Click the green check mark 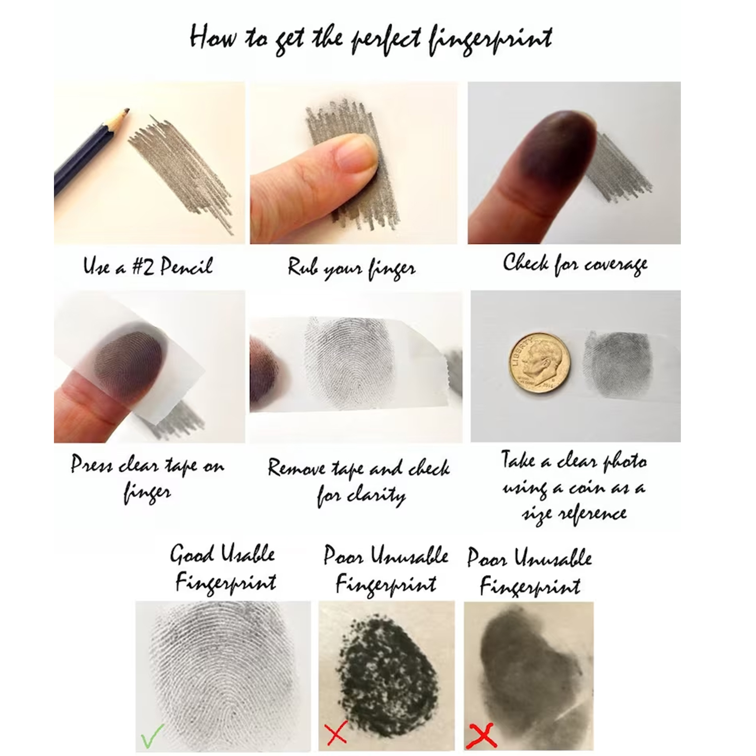tap(152, 735)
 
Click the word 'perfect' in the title tap(386, 39)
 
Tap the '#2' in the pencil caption tap(143, 266)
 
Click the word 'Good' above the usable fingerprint tap(192, 554)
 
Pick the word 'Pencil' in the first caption tap(186, 266)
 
